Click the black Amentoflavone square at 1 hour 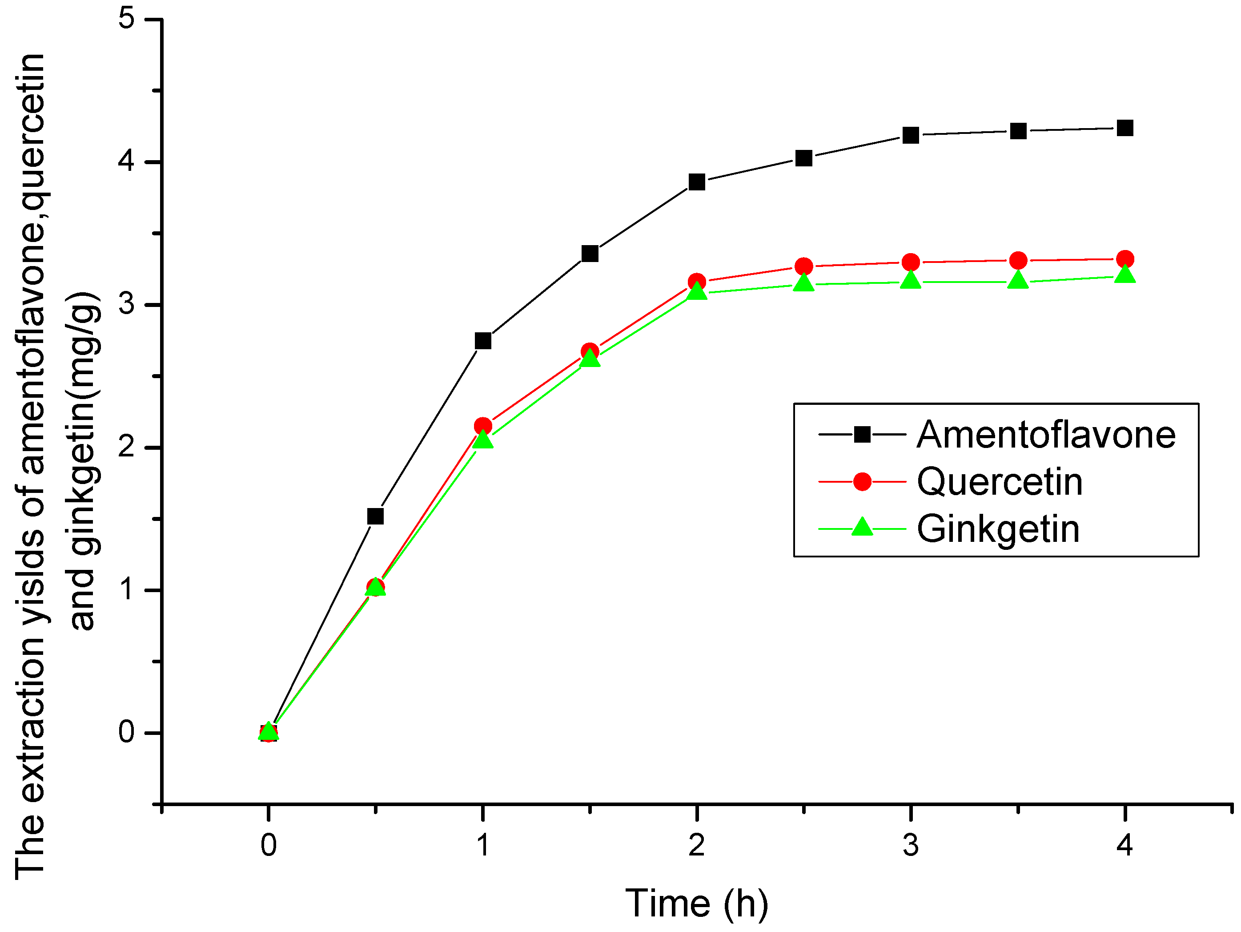[x=482, y=341]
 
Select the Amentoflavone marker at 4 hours [x=1125, y=128]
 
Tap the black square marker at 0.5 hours [x=375, y=516]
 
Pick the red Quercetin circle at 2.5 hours [x=803, y=266]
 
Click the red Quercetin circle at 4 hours [x=1125, y=259]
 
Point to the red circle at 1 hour [x=482, y=426]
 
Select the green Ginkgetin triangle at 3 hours [x=911, y=279]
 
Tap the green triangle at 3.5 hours [x=1018, y=279]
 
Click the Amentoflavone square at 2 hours [x=696, y=182]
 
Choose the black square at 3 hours [x=911, y=135]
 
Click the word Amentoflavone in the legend [x=1045, y=435]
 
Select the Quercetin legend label [x=999, y=482]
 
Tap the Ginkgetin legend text [x=997, y=529]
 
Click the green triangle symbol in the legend [x=862, y=527]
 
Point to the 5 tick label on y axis [x=127, y=19]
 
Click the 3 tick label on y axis [x=127, y=304]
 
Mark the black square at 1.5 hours [x=590, y=254]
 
